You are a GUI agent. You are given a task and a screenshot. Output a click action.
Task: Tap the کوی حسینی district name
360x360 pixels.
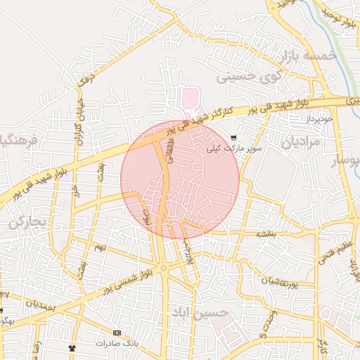(x=251, y=76)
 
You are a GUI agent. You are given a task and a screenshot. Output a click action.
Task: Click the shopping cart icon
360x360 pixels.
(x=233, y=137)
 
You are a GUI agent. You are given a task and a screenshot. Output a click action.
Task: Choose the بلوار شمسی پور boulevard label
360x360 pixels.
(x=127, y=279)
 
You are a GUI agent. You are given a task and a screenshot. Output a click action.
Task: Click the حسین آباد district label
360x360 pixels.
(x=200, y=311)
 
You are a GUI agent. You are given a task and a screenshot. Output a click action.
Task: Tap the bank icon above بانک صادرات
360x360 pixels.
(x=116, y=333)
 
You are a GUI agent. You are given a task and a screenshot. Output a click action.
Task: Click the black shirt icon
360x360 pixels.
(x=71, y=347)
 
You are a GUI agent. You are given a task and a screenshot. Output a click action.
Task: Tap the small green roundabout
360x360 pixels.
(x=163, y=268)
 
